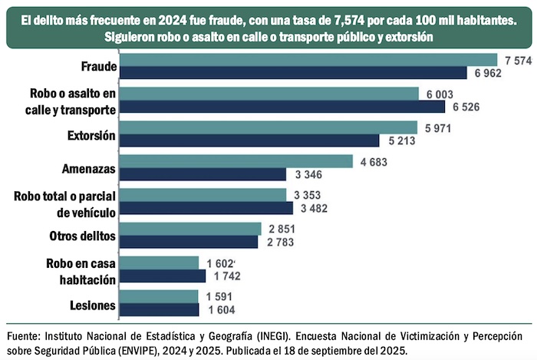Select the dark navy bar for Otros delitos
coord(189,242)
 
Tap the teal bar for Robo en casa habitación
coord(159,263)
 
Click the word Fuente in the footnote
coord(24,335)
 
